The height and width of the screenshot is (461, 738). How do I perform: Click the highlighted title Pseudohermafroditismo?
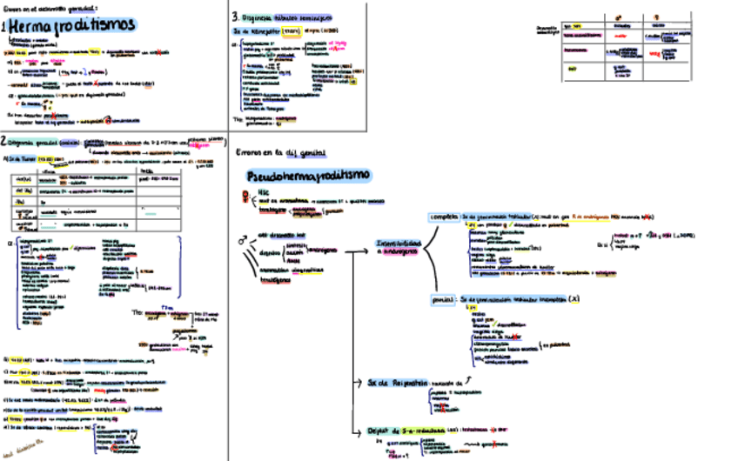point(309,175)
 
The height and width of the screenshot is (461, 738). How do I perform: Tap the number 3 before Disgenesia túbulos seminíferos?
point(235,17)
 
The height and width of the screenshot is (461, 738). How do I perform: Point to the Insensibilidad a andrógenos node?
point(398,246)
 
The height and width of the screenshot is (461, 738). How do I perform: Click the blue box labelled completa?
point(445,217)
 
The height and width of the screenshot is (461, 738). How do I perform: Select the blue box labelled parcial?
point(444,298)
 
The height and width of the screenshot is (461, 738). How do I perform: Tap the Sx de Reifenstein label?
point(392,382)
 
